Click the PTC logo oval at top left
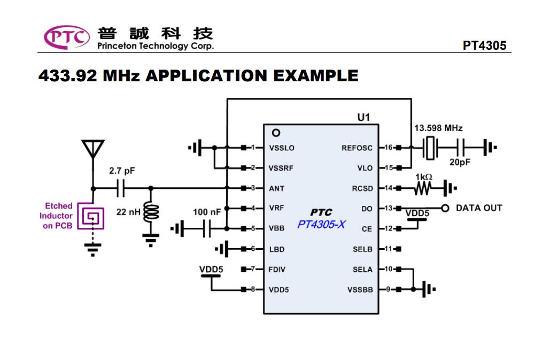point(67,37)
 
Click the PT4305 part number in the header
point(484,45)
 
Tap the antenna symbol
point(93,149)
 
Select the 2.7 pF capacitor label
point(122,171)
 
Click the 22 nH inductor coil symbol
point(152,213)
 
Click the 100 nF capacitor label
point(207,212)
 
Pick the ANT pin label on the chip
point(276,188)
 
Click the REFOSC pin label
point(357,148)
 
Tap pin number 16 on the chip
point(388,147)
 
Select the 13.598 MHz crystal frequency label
point(438,128)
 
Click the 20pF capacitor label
point(460,163)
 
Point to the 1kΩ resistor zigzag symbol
point(422,188)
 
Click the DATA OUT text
point(479,208)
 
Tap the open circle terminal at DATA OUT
point(445,208)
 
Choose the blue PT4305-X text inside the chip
point(321,225)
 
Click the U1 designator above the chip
point(363,117)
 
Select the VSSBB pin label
point(360,290)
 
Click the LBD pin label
point(276,249)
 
